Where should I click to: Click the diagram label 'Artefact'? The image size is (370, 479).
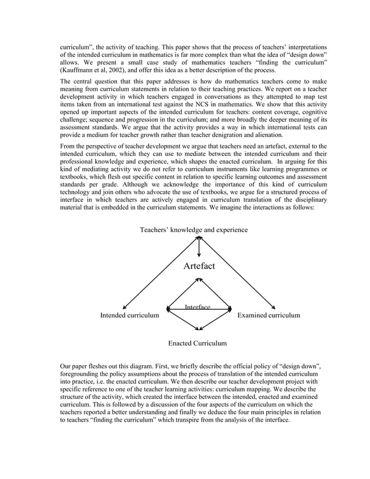pyautogui.click(x=199, y=266)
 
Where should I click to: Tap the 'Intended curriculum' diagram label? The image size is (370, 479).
pyautogui.click(x=129, y=315)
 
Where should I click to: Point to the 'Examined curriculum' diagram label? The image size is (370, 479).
pyautogui.click(x=269, y=315)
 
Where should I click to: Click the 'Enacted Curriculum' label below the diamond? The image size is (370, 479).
pyautogui.click(x=197, y=343)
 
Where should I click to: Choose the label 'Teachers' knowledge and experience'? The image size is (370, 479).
pyautogui.click(x=194, y=230)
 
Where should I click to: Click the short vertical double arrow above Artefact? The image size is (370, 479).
pyautogui.click(x=199, y=247)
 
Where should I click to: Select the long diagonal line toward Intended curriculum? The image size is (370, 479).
pyautogui.click(x=159, y=273)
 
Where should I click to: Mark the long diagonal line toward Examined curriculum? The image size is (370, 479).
pyautogui.click(x=238, y=273)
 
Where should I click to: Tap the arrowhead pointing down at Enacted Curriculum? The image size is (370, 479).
pyautogui.click(x=199, y=328)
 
